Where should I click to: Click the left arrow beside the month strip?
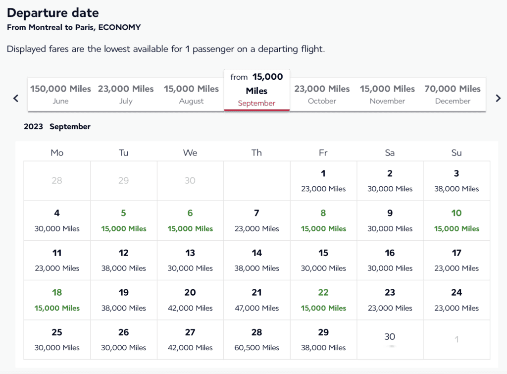click(16, 98)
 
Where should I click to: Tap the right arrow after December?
click(498, 98)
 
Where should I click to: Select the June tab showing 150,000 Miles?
click(60, 94)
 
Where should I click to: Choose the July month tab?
click(126, 94)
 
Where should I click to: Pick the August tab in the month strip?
click(191, 94)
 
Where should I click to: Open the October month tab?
click(322, 94)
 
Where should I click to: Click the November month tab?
click(387, 94)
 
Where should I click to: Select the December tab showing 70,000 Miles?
click(453, 94)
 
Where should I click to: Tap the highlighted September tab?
click(256, 90)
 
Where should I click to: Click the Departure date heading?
click(53, 13)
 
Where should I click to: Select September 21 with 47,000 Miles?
click(256, 300)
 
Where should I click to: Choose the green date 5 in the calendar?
click(123, 220)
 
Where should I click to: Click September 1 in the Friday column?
click(323, 181)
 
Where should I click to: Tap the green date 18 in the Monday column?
click(57, 300)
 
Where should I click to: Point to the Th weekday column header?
click(256, 153)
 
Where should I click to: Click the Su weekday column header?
click(456, 153)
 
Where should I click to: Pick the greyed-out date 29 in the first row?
click(123, 181)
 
